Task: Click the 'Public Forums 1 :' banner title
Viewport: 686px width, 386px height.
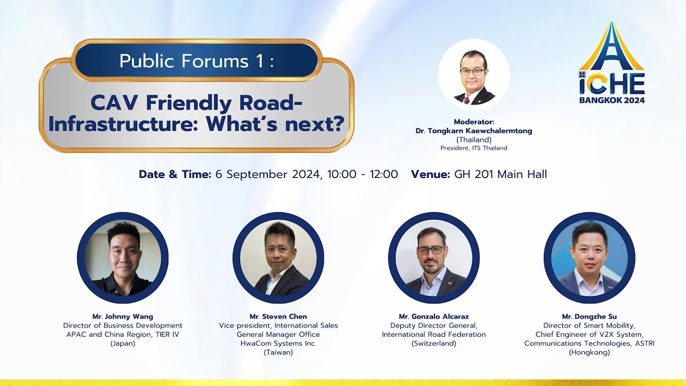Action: coord(196,61)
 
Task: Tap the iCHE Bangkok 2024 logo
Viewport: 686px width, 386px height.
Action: coord(612,64)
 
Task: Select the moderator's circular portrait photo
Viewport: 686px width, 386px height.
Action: coord(474,75)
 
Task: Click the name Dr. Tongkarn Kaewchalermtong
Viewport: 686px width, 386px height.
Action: coord(474,131)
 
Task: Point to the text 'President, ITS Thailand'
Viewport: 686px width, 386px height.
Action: coord(474,148)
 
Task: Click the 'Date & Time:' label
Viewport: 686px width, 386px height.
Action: coord(175,174)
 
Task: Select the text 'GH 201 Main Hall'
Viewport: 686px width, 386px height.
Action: coord(501,174)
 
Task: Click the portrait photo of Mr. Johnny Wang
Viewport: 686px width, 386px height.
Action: coord(123,258)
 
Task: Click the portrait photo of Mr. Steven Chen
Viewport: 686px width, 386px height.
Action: coord(278,258)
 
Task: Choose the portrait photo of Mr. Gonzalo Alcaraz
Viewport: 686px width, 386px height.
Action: coord(434,258)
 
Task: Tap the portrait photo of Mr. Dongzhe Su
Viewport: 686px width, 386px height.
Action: coord(589,258)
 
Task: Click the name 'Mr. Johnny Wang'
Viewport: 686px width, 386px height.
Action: coord(123,317)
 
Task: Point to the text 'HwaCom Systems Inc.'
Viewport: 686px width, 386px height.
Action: coord(278,344)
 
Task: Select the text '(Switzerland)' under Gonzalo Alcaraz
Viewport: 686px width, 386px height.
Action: coord(434,344)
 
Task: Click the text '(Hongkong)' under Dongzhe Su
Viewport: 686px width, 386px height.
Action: coord(589,352)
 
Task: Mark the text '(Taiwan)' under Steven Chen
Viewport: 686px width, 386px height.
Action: coord(278,352)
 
